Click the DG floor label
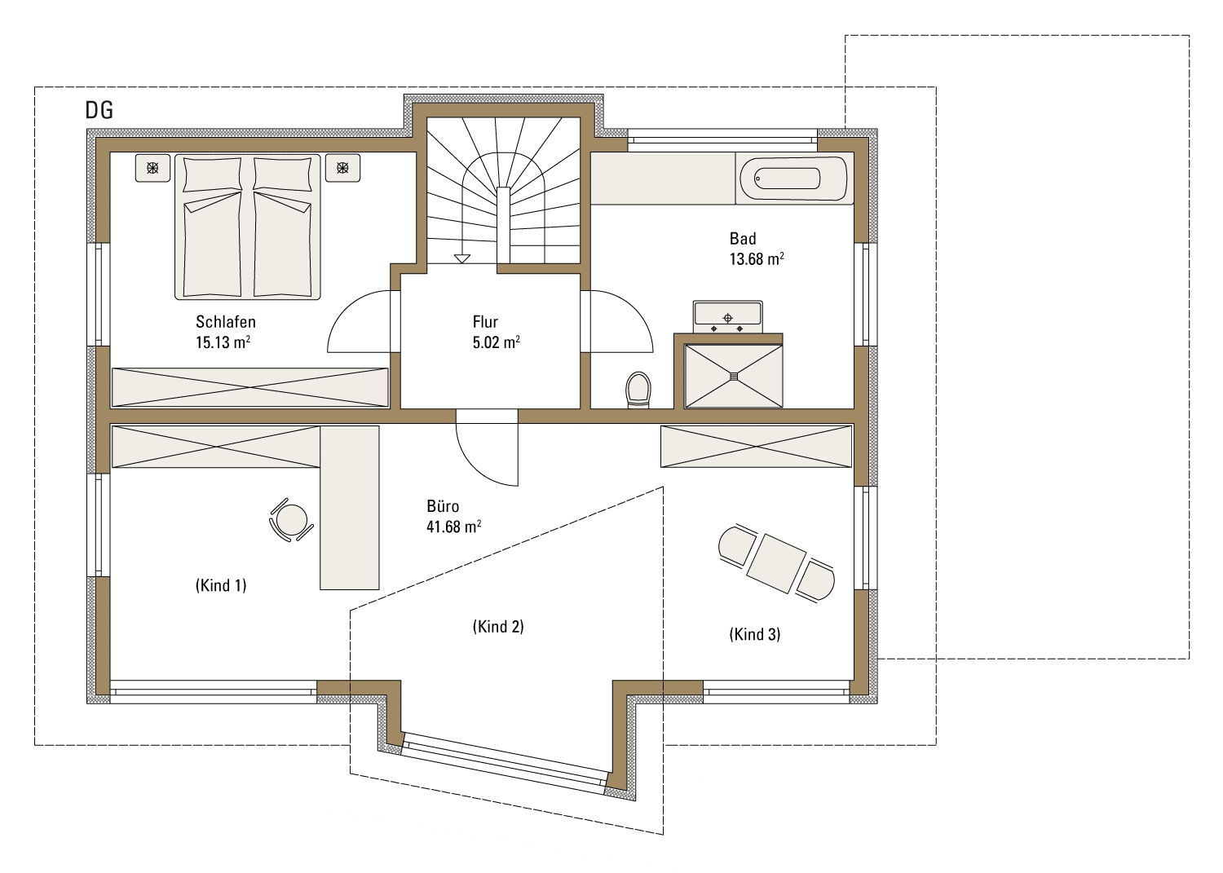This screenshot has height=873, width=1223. (x=99, y=110)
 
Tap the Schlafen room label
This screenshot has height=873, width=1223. (x=226, y=322)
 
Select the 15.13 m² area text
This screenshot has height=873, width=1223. (x=223, y=342)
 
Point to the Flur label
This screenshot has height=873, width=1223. (x=485, y=322)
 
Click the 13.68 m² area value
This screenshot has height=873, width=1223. (x=757, y=258)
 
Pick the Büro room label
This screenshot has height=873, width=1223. (x=443, y=506)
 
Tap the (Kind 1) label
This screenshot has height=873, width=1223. (x=221, y=585)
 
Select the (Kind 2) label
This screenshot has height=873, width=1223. (x=498, y=626)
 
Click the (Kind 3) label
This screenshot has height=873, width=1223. (x=754, y=634)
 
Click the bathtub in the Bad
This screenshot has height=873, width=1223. (x=794, y=179)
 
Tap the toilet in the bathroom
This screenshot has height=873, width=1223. (x=638, y=390)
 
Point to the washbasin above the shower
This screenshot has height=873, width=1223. (x=728, y=317)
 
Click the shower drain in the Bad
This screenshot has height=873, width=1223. (x=733, y=376)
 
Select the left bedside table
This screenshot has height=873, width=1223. (x=153, y=168)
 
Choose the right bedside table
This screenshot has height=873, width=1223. (x=342, y=168)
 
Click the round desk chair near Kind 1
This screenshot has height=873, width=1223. (x=292, y=520)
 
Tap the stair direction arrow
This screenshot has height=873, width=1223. (x=462, y=258)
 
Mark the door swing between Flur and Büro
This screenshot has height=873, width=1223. (x=487, y=455)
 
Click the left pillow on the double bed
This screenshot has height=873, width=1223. (x=212, y=174)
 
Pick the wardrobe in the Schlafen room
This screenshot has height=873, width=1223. (x=250, y=388)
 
